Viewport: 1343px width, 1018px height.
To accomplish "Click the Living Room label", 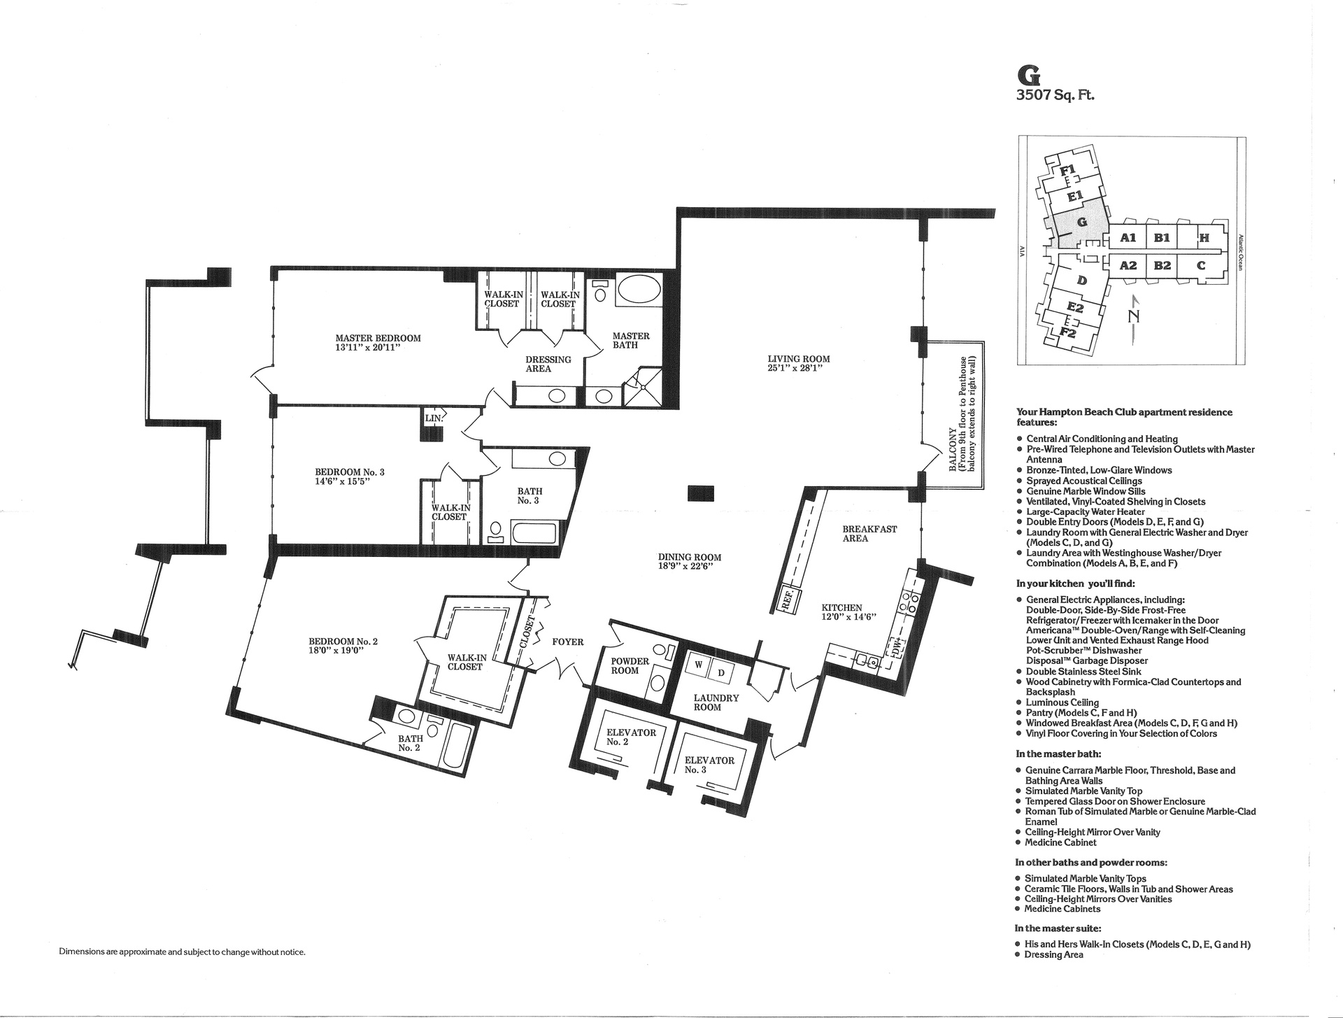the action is pyautogui.click(x=798, y=360).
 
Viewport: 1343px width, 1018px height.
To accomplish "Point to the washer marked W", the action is pyautogui.click(x=698, y=665).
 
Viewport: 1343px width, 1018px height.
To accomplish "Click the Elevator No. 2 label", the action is pyautogui.click(x=631, y=737).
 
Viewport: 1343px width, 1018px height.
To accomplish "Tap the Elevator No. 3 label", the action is pyautogui.click(x=709, y=765).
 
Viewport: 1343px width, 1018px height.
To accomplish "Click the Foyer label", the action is pyautogui.click(x=567, y=642).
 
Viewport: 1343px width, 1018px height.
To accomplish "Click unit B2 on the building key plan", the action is pyautogui.click(x=1162, y=266).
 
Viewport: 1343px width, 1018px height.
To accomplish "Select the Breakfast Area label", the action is pyautogui.click(x=869, y=534).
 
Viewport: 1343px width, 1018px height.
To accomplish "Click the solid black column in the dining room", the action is pyautogui.click(x=701, y=493).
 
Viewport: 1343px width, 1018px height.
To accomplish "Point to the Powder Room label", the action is pyautogui.click(x=630, y=666).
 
